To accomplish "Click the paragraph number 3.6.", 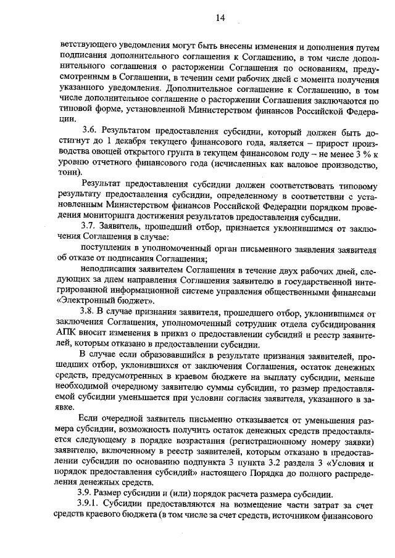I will pyautogui.click(x=89, y=131).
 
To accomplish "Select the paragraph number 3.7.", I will pyautogui.click(x=89, y=225).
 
